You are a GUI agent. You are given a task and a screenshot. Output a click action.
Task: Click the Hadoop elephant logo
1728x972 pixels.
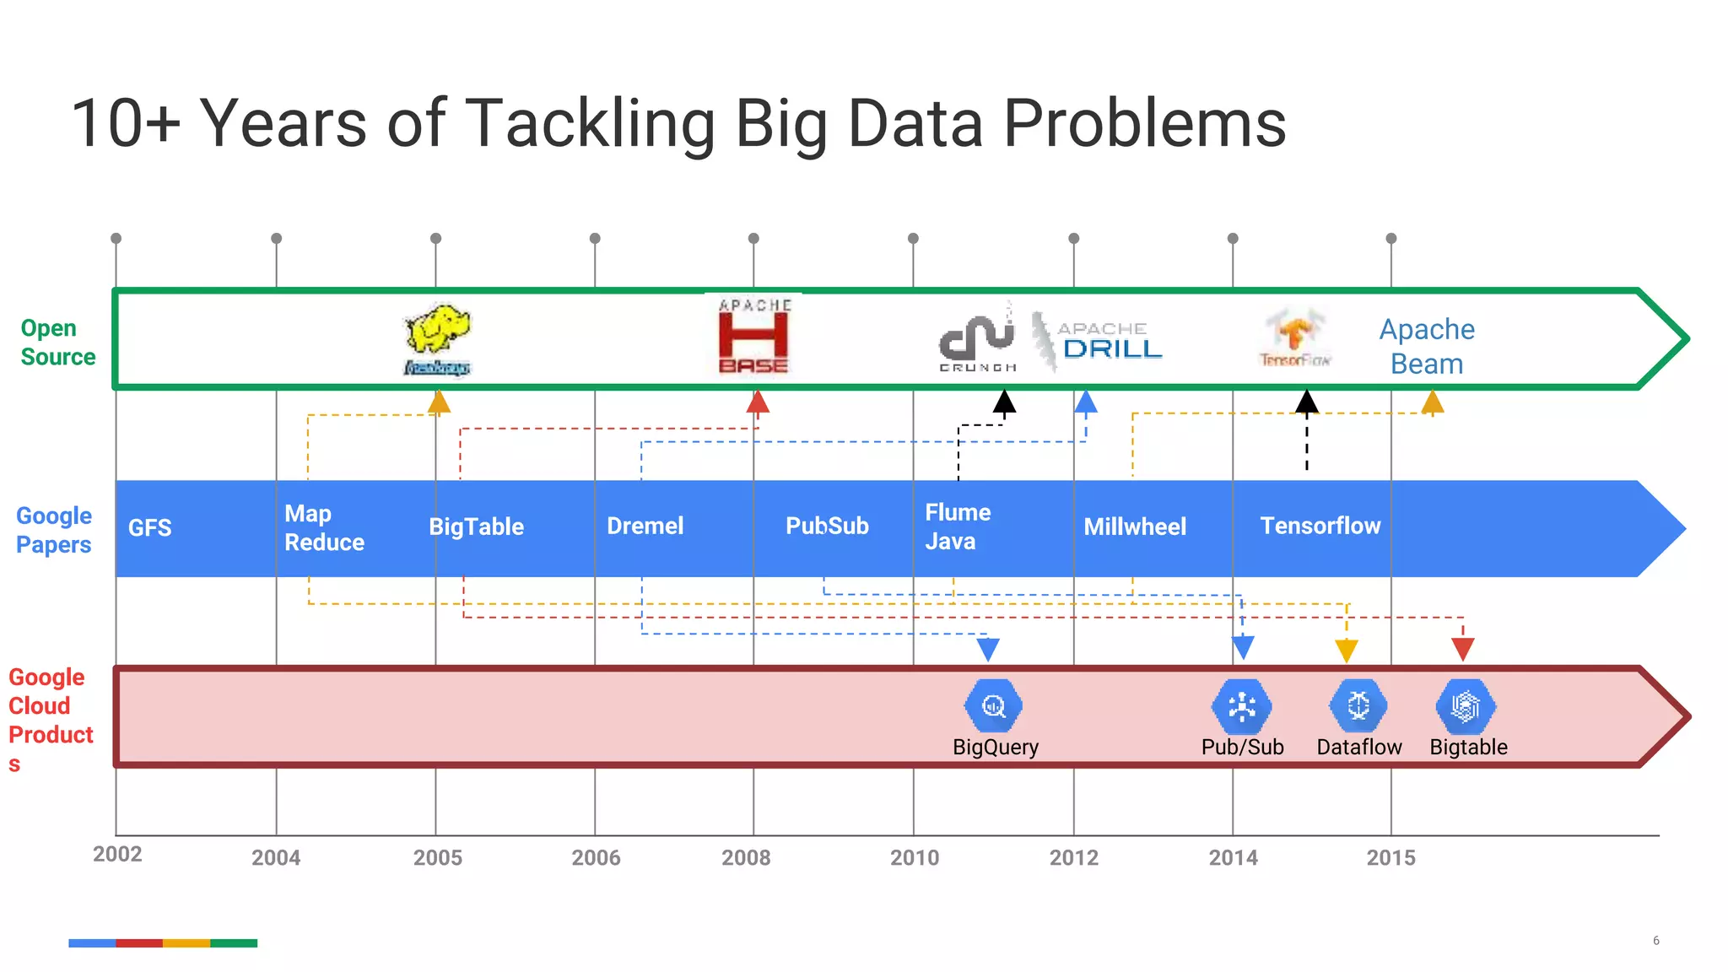tap(437, 337)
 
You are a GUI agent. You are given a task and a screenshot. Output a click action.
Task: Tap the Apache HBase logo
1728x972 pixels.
tap(753, 336)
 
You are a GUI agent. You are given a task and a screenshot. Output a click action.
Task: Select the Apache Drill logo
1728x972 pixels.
tap(1099, 340)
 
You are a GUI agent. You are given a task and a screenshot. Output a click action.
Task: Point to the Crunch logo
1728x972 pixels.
tap(978, 337)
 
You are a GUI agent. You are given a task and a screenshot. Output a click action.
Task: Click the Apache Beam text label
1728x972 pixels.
tap(1427, 346)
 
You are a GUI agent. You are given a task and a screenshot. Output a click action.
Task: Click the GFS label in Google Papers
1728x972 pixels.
tap(150, 528)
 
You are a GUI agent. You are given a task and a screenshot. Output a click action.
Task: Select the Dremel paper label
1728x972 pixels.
tap(645, 526)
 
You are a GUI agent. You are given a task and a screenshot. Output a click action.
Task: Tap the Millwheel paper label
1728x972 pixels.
tap(1135, 527)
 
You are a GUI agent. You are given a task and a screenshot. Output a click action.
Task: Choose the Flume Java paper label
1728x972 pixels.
tap(958, 526)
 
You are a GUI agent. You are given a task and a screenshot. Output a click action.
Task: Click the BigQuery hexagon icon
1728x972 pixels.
tap(994, 705)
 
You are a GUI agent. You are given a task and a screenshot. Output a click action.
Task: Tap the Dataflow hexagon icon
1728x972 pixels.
tap(1358, 705)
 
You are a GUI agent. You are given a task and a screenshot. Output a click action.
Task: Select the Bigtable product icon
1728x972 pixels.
tap(1466, 705)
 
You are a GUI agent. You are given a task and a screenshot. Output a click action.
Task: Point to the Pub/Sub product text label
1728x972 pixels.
tap(1242, 747)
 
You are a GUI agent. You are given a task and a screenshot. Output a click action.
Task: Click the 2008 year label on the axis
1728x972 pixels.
tap(746, 858)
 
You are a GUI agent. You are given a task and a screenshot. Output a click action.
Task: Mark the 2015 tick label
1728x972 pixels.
tap(1390, 858)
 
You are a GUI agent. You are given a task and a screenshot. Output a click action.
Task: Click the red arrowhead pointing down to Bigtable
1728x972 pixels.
tap(1463, 649)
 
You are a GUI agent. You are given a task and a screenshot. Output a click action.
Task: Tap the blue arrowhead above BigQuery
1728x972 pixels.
tap(988, 649)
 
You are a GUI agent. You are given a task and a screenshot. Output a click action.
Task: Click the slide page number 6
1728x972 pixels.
tap(1656, 941)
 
